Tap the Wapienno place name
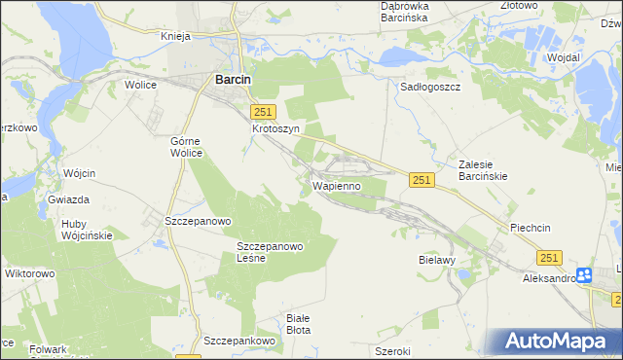(x=337, y=185)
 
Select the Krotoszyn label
(x=275, y=128)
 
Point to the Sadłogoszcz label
(x=430, y=86)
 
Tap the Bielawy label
(x=437, y=261)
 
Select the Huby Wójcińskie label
(x=87, y=229)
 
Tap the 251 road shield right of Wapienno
(x=421, y=180)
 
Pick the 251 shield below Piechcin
(x=550, y=257)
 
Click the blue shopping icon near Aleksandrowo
(x=585, y=275)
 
